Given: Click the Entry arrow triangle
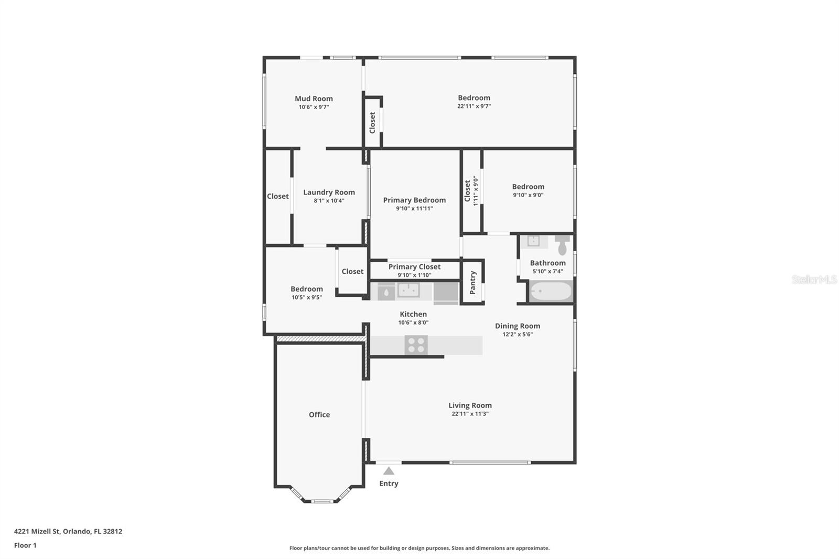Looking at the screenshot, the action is (x=389, y=471).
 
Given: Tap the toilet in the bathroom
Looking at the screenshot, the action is (x=562, y=245).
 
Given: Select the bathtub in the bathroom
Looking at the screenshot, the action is (x=551, y=291).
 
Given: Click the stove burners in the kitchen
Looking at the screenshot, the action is (x=416, y=345).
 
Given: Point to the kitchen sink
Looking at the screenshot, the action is (x=408, y=290).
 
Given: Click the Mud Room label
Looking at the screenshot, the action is (x=314, y=99).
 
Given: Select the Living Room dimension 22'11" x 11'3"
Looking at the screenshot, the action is (x=470, y=414).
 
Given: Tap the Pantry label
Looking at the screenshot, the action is (x=472, y=283).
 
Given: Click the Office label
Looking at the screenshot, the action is (x=319, y=414).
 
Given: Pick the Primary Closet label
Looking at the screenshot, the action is (x=414, y=267).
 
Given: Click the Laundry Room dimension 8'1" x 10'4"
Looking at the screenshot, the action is (x=329, y=200).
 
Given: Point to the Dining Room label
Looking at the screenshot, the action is (x=518, y=326).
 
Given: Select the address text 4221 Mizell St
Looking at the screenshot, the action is (x=37, y=531).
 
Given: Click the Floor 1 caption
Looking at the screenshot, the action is (x=26, y=545).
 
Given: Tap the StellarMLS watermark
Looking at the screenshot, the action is (x=814, y=279).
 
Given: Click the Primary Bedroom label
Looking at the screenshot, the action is (x=414, y=200).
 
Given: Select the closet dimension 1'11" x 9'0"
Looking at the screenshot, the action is (x=476, y=191).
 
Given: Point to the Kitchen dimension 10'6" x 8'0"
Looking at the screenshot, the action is (x=413, y=322).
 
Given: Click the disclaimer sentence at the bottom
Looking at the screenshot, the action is (x=419, y=548).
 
